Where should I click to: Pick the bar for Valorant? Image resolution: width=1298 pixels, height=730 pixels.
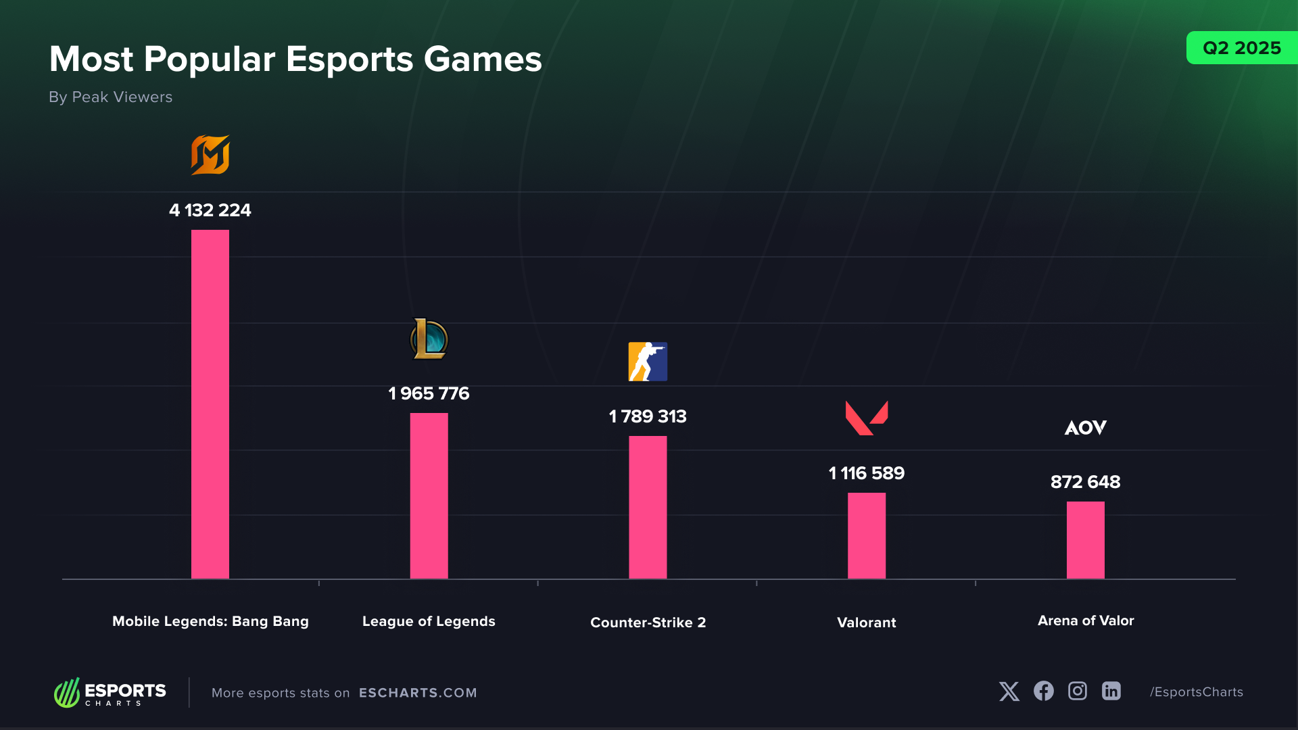pos(867,535)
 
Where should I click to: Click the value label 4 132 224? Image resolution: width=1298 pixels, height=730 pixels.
pos(210,210)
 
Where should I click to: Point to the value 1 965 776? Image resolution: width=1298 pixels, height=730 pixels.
pos(429,393)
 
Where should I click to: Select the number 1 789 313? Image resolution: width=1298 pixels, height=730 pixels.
pos(648,416)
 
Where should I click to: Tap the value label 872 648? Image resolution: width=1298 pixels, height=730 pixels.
pos(1085,482)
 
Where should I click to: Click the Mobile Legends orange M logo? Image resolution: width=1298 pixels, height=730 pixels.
pos(210,155)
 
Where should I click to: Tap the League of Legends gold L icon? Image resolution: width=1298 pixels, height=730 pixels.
pos(429,339)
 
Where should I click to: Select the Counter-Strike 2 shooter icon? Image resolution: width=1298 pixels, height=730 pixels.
pos(648,362)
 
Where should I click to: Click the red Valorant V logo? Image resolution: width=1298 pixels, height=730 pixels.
pos(866,418)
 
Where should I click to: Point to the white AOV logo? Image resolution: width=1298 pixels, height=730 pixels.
pos(1085,427)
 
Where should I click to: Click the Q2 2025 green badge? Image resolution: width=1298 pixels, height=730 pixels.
pos(1241,48)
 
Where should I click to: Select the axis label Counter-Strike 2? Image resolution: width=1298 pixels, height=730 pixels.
pos(648,623)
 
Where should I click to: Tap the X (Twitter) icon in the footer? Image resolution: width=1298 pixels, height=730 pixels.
pos(1009,691)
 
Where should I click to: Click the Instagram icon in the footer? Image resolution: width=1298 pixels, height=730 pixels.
pos(1077,691)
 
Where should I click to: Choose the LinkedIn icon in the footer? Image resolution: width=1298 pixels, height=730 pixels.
pos(1111,691)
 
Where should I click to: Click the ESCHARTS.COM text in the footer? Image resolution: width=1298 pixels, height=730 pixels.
pos(418,693)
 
